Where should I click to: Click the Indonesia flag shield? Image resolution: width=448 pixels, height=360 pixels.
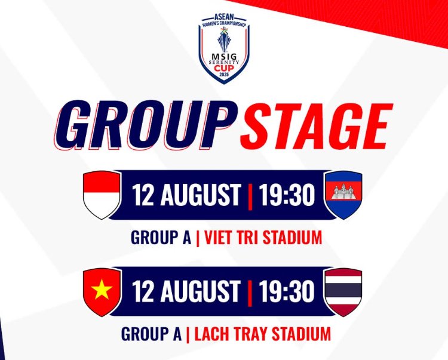click(102, 195)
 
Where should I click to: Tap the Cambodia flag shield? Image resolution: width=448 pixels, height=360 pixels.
click(343, 195)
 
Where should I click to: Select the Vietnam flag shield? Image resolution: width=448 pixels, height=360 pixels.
click(102, 292)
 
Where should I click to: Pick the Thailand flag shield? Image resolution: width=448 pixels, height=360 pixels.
click(343, 292)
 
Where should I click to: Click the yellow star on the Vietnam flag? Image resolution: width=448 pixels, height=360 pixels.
click(102, 289)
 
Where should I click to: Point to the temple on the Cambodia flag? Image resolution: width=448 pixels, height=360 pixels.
click(343, 192)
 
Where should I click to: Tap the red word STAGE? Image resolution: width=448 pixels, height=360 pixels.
click(316, 125)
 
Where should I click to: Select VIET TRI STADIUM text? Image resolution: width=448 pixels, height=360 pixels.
click(263, 238)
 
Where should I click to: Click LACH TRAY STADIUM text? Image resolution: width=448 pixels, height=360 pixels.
click(262, 334)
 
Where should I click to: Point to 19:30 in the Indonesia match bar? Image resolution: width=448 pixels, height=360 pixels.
click(287, 195)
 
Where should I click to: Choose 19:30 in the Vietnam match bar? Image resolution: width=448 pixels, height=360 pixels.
click(287, 291)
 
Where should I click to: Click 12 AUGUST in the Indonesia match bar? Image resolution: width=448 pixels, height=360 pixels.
click(186, 195)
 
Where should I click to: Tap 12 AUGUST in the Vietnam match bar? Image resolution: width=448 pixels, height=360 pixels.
click(186, 291)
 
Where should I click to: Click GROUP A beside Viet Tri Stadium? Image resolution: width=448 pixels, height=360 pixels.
click(161, 238)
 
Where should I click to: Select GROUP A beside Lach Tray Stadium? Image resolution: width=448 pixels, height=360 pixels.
click(152, 334)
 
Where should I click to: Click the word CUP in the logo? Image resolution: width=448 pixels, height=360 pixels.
click(224, 69)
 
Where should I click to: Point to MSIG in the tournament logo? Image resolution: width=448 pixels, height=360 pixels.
click(224, 57)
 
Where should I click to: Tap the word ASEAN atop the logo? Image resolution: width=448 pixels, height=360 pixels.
click(224, 17)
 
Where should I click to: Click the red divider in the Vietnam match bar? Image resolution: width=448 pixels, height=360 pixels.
click(250, 293)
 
